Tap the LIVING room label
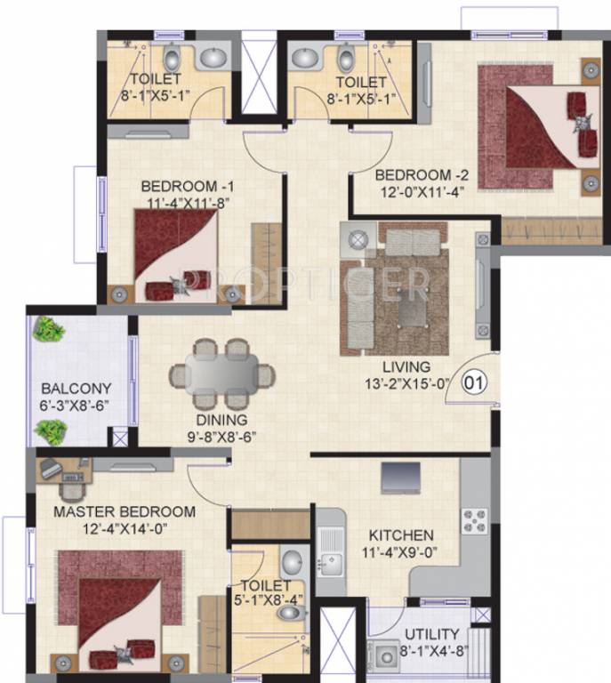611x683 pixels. [x=407, y=366]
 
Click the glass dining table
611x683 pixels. [x=221, y=374]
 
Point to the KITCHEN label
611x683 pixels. [x=402, y=535]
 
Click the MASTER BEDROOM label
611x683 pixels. [x=124, y=512]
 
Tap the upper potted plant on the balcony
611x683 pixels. [x=48, y=330]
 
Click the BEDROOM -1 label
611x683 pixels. [x=188, y=187]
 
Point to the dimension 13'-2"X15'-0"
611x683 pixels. [x=407, y=383]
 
